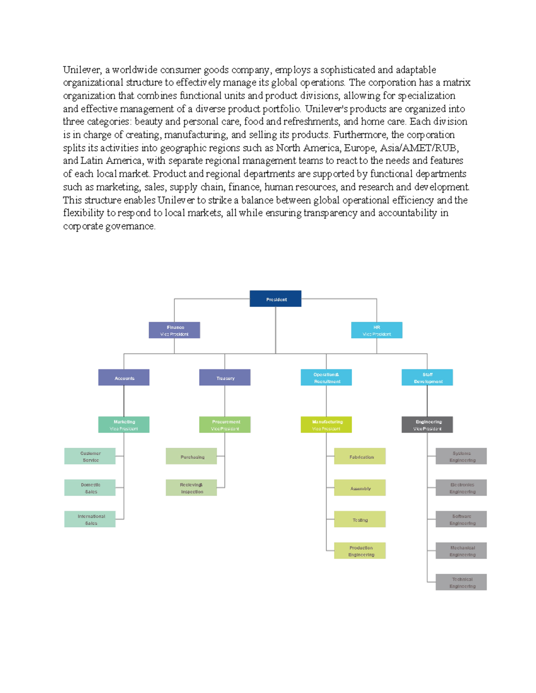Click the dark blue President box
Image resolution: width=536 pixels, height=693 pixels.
(275, 299)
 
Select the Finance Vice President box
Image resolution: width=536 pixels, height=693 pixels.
(174, 330)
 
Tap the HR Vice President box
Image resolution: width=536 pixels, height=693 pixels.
(377, 330)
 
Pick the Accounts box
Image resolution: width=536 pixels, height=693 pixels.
(124, 378)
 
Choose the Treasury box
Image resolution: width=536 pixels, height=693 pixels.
(225, 378)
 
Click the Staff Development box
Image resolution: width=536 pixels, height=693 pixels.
(427, 378)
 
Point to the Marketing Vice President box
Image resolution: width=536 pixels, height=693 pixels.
(124, 425)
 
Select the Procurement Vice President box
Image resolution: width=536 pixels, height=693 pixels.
(225, 425)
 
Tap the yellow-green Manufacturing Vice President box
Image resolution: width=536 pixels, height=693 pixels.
(326, 425)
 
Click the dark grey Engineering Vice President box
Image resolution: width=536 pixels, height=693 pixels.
(427, 425)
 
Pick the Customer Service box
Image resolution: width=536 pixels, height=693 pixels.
(90, 456)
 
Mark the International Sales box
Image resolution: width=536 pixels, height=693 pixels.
(90, 519)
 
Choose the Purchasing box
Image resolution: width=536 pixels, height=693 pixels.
(191, 456)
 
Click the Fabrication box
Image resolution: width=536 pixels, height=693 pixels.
(360, 456)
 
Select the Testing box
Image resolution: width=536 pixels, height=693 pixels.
(360, 519)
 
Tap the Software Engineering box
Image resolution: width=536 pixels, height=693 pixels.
(461, 519)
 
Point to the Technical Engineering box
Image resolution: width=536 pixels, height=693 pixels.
(461, 582)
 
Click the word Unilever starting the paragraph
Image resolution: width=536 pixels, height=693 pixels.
(82, 70)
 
